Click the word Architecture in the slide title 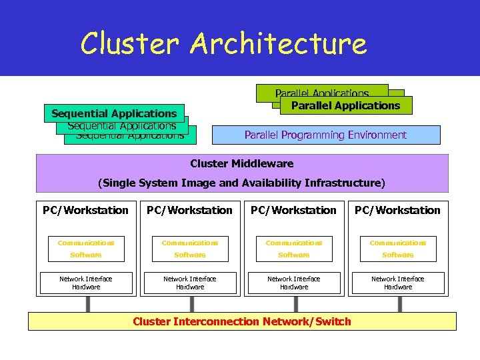pos(278,44)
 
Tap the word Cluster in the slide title pos(131,44)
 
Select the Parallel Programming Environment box pos(325,135)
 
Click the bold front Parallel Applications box pos(345,105)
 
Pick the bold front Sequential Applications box pos(114,113)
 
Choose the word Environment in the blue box pos(377,135)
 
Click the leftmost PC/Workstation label pos(85,211)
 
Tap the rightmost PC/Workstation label pos(397,211)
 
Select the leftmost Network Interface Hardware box pos(86,283)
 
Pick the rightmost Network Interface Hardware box pos(398,283)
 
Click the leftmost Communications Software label pos(86,249)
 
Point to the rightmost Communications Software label pos(398,249)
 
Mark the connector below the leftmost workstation pos(86,304)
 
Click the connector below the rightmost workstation pos(398,304)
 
